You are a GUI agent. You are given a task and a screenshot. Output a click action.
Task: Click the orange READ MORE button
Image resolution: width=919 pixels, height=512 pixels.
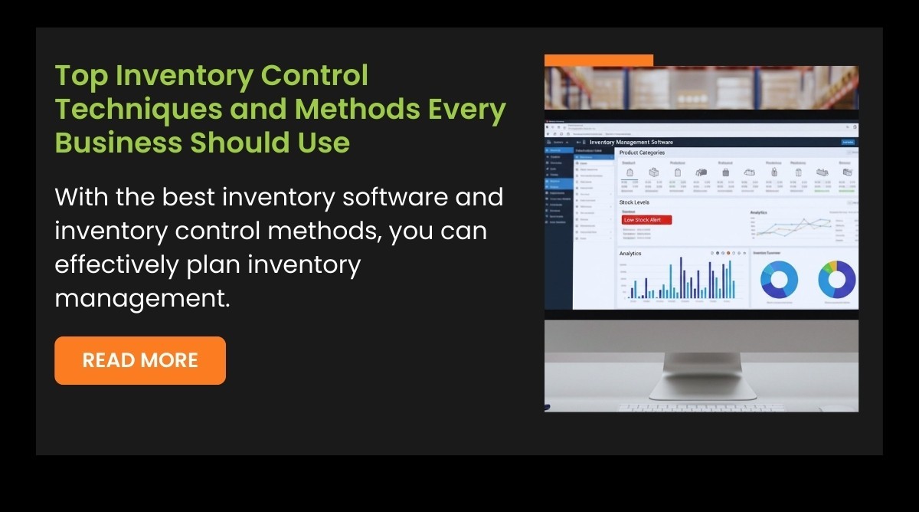tap(140, 360)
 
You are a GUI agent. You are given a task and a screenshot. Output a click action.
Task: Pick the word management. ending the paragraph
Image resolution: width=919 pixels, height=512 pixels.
tap(142, 298)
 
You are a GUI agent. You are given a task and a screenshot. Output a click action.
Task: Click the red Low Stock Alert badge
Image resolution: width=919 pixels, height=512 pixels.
tap(646, 220)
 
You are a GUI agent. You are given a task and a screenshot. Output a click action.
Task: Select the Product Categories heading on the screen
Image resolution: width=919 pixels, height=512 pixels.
tap(642, 153)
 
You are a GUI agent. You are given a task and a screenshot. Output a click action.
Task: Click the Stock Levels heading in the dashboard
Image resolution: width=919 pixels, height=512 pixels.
tap(635, 202)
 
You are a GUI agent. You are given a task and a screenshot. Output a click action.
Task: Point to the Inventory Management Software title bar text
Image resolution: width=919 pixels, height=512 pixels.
tap(631, 142)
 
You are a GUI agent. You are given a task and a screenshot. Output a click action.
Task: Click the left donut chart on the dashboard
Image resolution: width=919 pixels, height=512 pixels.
tap(779, 280)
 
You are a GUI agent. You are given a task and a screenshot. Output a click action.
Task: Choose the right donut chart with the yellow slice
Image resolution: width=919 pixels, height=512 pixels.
tap(836, 280)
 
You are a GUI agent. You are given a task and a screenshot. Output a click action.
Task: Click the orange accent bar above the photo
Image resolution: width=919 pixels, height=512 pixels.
tap(598, 60)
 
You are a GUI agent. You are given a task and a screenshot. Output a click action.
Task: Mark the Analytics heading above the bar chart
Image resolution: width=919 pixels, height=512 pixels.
tap(630, 254)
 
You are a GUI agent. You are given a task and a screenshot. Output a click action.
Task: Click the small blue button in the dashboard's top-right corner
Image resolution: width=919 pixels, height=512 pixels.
tap(848, 142)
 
